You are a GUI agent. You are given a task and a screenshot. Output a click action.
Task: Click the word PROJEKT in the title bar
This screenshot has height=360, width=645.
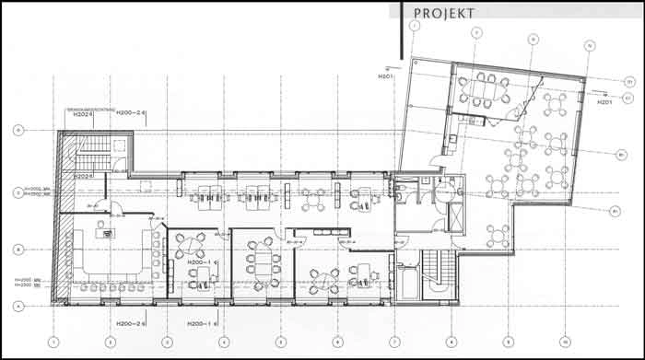point(445,13)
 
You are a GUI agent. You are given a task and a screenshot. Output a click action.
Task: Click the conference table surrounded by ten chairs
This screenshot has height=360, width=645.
point(486,89)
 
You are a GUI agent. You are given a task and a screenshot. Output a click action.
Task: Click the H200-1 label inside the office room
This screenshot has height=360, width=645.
point(201,263)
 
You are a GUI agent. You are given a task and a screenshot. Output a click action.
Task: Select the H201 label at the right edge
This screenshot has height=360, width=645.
point(604,102)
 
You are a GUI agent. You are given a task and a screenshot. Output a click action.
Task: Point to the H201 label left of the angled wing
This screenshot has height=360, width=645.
point(385,76)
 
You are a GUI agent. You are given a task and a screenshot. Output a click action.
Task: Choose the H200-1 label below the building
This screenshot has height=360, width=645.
point(202,323)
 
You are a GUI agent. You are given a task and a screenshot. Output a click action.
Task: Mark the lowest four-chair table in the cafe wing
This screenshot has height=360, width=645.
point(498,234)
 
